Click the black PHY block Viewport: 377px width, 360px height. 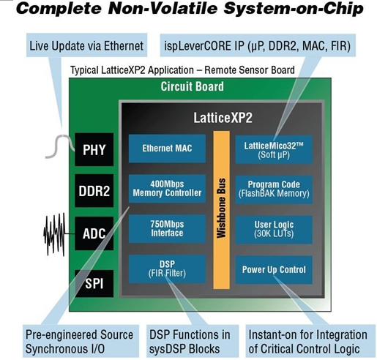94,149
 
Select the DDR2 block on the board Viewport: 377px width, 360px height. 94,191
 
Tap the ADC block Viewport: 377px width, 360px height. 94,233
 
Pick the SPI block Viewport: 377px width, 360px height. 94,283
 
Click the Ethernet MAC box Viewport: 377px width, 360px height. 167,149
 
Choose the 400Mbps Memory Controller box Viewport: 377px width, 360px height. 167,189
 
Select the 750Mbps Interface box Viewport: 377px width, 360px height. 167,229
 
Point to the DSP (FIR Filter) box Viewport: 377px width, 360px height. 167,269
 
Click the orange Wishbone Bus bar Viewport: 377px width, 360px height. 222,210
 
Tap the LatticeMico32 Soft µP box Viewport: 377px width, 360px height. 274,149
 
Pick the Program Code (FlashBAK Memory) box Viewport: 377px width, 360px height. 274,190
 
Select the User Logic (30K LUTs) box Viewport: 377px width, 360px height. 274,230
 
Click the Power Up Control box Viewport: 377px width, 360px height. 274,270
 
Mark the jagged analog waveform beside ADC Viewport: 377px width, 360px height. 55,234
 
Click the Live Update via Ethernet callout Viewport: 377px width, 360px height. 86,45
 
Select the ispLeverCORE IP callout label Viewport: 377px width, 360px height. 258,45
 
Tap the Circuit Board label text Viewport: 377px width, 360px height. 193,86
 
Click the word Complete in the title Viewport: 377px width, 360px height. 59,8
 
